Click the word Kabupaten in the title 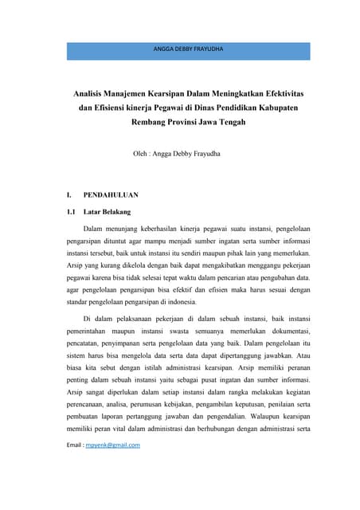(x=276, y=108)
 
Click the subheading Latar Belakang (x=108, y=212)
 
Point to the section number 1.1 (x=71, y=212)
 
